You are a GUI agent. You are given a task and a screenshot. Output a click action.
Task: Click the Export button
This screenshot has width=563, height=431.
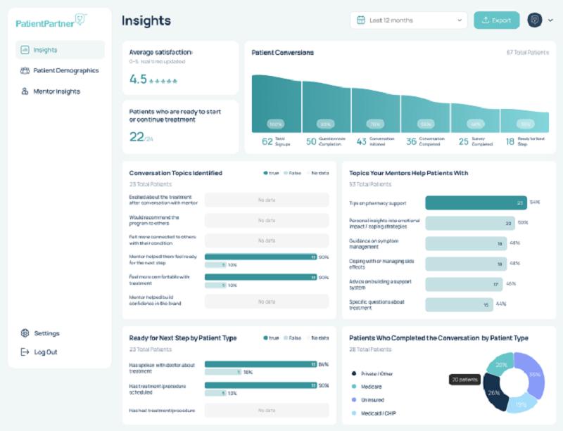click(x=496, y=20)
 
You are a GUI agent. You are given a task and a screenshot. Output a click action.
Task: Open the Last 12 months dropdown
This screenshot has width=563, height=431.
click(x=408, y=20)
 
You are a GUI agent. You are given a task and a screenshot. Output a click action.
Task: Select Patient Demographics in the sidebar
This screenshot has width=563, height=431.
click(x=65, y=70)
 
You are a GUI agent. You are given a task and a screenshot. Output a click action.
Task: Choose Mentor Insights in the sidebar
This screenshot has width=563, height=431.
click(x=56, y=91)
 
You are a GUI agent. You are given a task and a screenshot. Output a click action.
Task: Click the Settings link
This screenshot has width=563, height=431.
click(x=46, y=333)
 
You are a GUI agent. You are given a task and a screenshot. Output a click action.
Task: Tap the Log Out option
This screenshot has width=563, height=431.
click(x=46, y=352)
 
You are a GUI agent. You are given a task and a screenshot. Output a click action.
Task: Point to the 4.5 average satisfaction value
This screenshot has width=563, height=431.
click(x=138, y=79)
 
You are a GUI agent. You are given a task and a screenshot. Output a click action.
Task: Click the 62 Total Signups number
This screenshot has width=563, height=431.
click(x=267, y=141)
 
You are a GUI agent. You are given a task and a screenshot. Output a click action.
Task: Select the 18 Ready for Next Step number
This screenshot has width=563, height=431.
click(x=510, y=141)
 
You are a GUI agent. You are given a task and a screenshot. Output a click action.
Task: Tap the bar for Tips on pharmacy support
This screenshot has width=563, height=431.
click(x=476, y=202)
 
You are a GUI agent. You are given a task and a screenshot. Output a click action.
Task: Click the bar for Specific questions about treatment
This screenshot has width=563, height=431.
click(x=459, y=304)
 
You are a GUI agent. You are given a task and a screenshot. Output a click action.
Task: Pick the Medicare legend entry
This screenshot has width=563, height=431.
click(x=372, y=387)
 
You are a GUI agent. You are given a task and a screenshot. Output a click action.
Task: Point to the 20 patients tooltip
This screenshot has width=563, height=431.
click(x=464, y=380)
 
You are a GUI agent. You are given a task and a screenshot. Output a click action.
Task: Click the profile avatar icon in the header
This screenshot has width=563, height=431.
click(x=534, y=20)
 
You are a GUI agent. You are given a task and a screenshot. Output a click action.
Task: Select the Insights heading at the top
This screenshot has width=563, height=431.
click(x=146, y=20)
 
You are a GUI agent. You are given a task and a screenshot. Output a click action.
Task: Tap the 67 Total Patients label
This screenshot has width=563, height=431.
click(x=526, y=53)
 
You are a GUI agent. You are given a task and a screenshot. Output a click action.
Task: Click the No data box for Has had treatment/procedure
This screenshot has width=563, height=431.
click(x=266, y=410)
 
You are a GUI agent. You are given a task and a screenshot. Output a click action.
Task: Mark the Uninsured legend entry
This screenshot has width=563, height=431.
click(x=372, y=400)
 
